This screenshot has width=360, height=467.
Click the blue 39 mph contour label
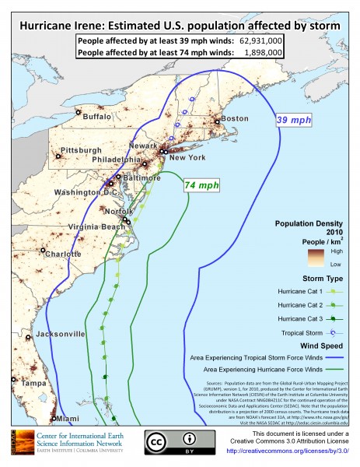pyautogui.click(x=295, y=121)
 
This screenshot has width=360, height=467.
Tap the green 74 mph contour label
pyautogui.click(x=201, y=185)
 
